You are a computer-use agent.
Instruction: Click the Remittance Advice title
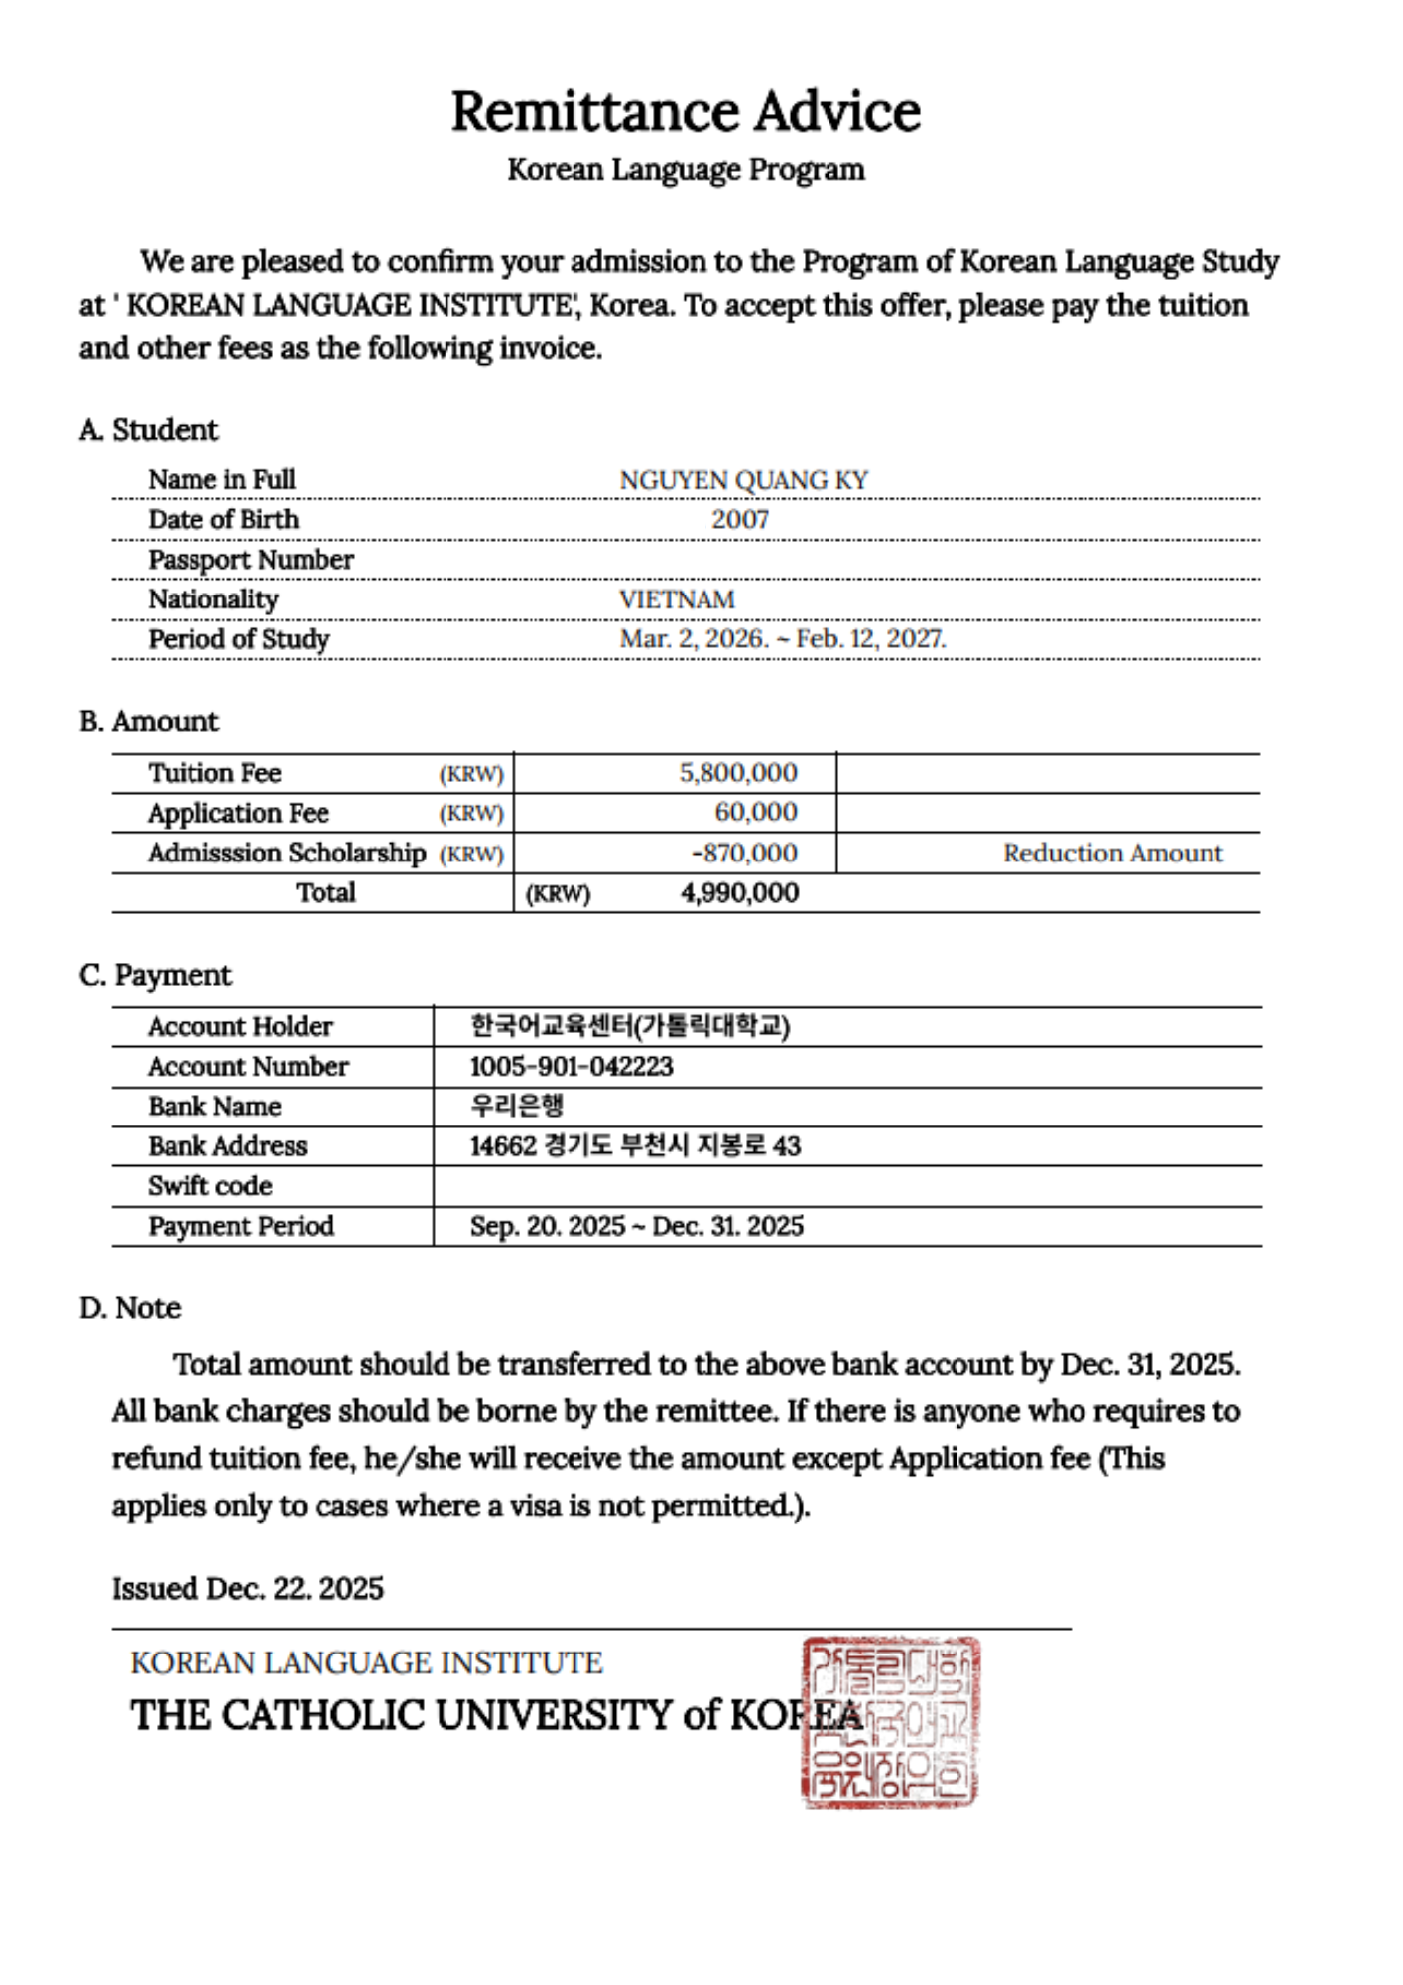pos(686,111)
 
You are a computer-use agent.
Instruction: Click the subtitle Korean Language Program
pos(686,170)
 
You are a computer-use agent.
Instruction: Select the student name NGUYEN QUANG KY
pos(743,480)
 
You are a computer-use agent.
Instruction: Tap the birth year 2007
pos(740,519)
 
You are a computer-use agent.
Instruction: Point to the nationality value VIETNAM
pos(677,599)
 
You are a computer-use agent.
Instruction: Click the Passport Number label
pos(251,560)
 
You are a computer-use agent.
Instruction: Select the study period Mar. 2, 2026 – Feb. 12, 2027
pos(783,638)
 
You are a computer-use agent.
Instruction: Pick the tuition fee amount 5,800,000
pos(738,773)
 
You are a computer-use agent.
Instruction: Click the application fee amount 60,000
pos(756,813)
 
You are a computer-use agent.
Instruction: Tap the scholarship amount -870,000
pos(744,853)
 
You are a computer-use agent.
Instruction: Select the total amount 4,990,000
pos(739,893)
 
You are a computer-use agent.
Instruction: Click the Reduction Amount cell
pos(1112,853)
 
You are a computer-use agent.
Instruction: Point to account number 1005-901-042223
pos(572,1067)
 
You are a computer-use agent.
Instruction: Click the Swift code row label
pos(210,1186)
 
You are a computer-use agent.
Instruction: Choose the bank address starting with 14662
pos(635,1146)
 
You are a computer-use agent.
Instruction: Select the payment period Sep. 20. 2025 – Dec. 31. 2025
pos(636,1226)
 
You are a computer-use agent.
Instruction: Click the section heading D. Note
pos(130,1308)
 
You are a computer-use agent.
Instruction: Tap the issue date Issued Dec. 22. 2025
pos(248,1589)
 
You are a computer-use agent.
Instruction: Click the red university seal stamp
pos(890,1722)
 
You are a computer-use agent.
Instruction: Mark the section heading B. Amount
pos(149,722)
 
